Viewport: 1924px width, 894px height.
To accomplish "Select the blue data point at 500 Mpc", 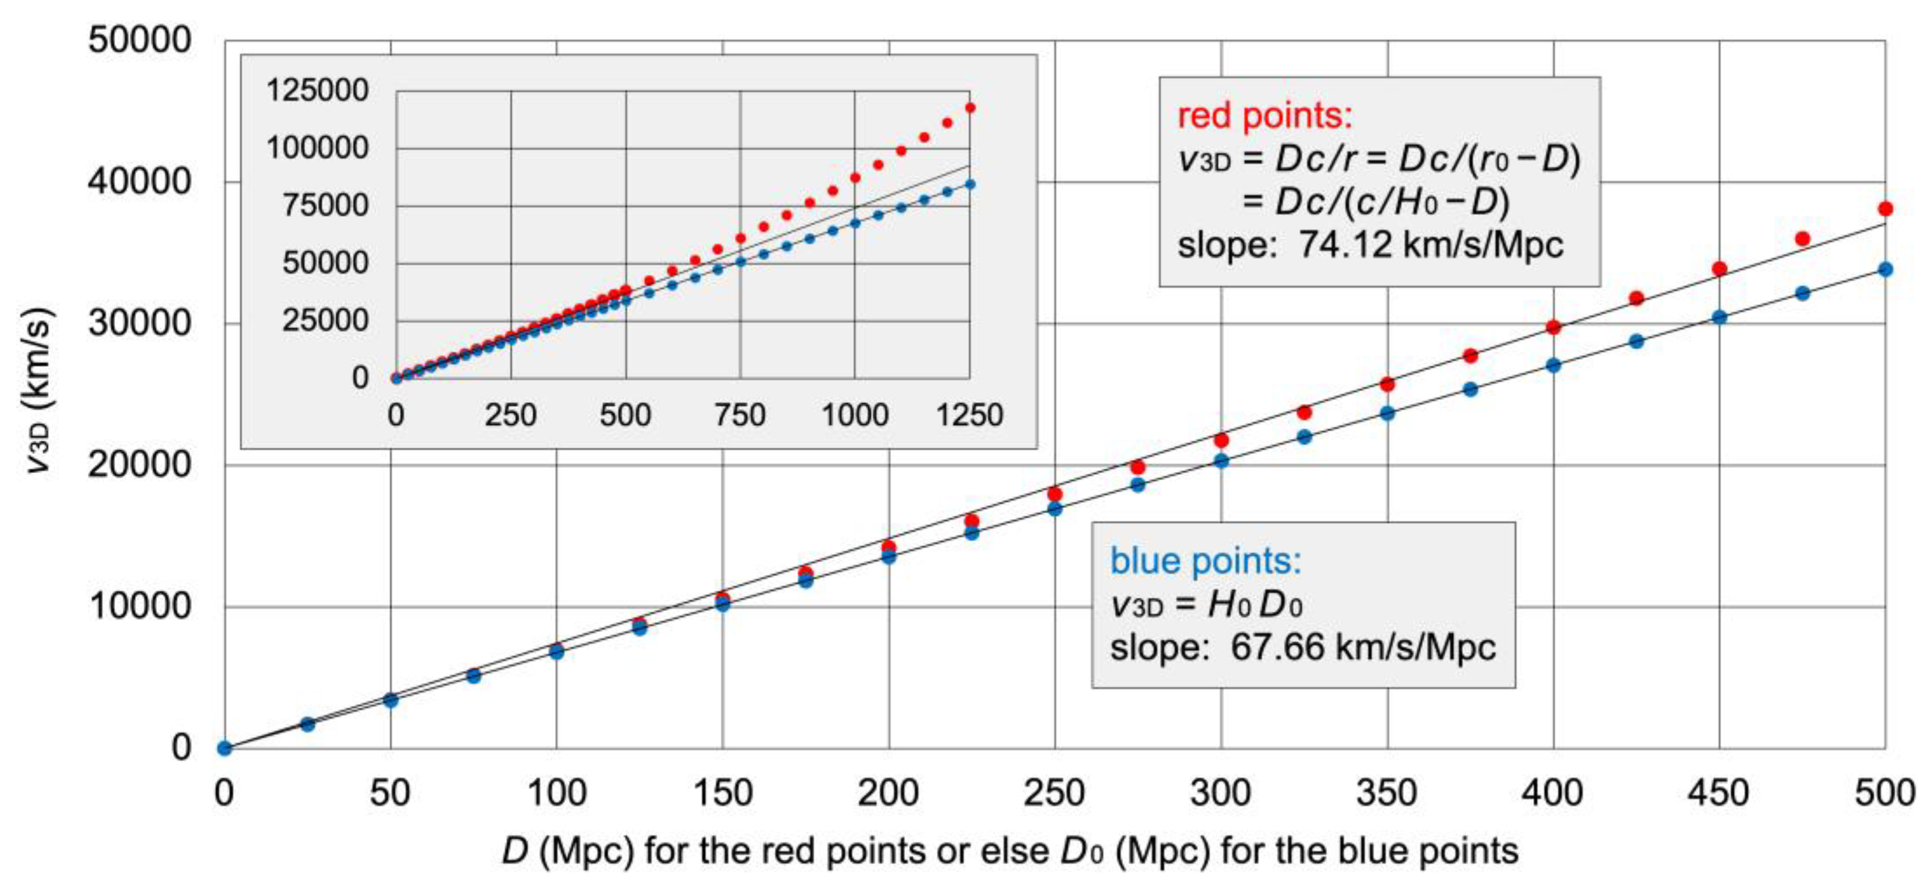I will pos(1885,270).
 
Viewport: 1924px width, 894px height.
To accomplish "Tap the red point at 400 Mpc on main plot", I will pos(1553,327).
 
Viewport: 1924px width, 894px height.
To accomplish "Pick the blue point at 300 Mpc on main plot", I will pos(1221,461).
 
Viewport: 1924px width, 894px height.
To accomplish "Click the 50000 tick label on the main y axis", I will pos(139,40).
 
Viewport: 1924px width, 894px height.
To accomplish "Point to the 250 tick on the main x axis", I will pos(1054,792).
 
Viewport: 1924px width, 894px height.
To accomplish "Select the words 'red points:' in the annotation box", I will pos(1264,116).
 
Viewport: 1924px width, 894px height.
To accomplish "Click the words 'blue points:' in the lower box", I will pos(1206,561).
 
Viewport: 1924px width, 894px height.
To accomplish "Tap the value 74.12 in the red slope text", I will pos(1345,244).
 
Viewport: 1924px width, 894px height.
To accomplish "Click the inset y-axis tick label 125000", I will pos(317,90).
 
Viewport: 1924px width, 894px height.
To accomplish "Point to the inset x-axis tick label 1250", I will pos(969,415).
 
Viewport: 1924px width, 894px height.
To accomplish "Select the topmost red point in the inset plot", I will pos(970,108).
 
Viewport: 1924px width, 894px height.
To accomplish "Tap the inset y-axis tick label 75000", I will pos(325,205).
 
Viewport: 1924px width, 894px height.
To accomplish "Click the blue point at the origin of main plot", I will pos(225,748).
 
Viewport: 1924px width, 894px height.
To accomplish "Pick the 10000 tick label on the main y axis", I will pos(139,606).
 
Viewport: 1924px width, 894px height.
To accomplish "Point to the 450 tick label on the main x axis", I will pos(1719,792).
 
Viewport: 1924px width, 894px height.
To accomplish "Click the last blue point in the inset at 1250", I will pos(970,184).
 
